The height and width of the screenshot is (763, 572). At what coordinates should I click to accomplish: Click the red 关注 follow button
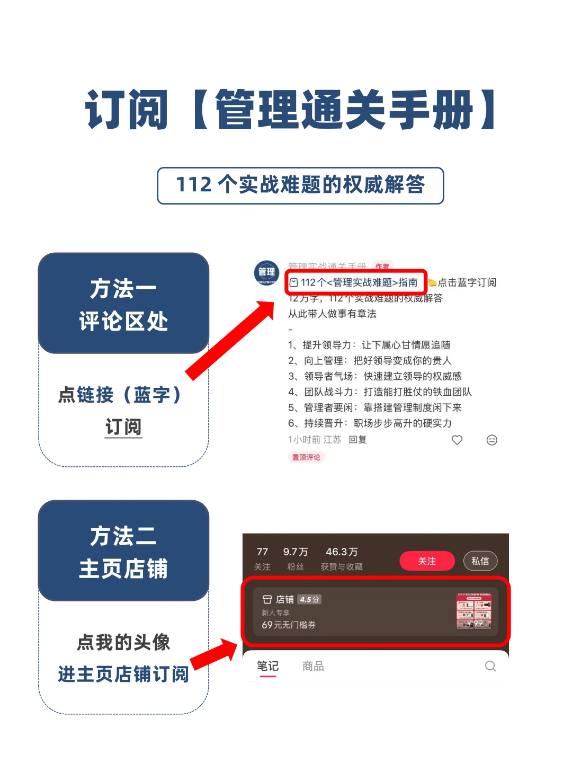[427, 561]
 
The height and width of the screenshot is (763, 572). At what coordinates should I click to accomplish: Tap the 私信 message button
[480, 561]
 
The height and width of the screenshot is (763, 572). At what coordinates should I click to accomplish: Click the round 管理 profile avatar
[266, 273]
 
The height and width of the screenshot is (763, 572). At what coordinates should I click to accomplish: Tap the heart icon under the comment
[457, 440]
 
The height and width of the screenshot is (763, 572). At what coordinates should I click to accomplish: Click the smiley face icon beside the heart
[492, 440]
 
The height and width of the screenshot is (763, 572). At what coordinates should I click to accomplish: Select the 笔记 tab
[267, 666]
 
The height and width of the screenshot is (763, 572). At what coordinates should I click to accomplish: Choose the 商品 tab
[313, 666]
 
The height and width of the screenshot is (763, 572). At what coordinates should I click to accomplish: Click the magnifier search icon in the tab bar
[490, 666]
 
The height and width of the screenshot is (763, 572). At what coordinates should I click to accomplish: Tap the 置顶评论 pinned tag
[306, 457]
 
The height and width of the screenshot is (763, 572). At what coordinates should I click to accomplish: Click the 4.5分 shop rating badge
[309, 599]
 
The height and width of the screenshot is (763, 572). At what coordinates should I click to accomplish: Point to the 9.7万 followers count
[296, 552]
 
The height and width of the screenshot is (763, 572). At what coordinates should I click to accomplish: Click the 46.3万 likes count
[342, 552]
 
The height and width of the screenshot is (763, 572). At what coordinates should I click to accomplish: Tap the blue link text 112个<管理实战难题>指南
[359, 282]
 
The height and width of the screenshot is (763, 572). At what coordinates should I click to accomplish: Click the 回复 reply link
[358, 440]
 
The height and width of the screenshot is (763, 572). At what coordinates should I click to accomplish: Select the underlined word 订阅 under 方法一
[123, 427]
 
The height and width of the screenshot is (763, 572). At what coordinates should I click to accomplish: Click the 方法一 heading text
[123, 289]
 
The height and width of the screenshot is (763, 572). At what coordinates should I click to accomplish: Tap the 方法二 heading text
[123, 536]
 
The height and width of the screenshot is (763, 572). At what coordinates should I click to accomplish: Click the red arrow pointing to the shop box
[215, 653]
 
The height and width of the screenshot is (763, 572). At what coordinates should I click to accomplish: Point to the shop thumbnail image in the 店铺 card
[474, 611]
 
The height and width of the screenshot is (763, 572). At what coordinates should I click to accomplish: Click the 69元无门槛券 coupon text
[289, 625]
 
